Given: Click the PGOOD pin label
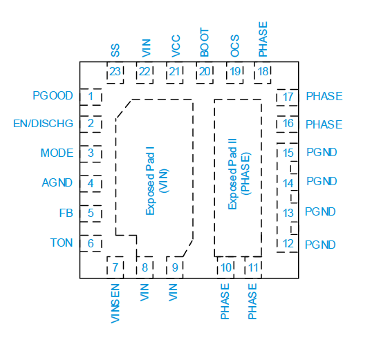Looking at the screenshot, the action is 53,95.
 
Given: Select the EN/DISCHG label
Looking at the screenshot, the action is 43,123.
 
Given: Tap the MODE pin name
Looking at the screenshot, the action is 57,153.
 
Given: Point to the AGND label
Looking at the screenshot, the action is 57,182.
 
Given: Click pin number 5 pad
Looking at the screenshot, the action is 91,214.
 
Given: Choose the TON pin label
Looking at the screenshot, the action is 62,243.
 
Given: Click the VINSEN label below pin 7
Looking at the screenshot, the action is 115,303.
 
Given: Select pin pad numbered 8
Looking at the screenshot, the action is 145,267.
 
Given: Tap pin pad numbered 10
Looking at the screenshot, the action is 225,267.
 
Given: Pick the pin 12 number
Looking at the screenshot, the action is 288,243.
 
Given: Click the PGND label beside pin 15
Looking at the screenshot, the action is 322,152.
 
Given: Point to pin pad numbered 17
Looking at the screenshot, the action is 288,97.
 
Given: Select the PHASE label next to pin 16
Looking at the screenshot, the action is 324,124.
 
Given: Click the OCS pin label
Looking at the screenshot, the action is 235,46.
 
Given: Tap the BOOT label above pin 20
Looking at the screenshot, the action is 205,42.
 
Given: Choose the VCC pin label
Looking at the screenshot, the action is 176,46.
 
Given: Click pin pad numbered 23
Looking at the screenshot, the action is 115,73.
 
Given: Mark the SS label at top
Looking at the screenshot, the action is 115,50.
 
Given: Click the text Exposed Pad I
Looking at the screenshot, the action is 150,181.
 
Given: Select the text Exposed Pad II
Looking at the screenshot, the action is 232,174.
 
